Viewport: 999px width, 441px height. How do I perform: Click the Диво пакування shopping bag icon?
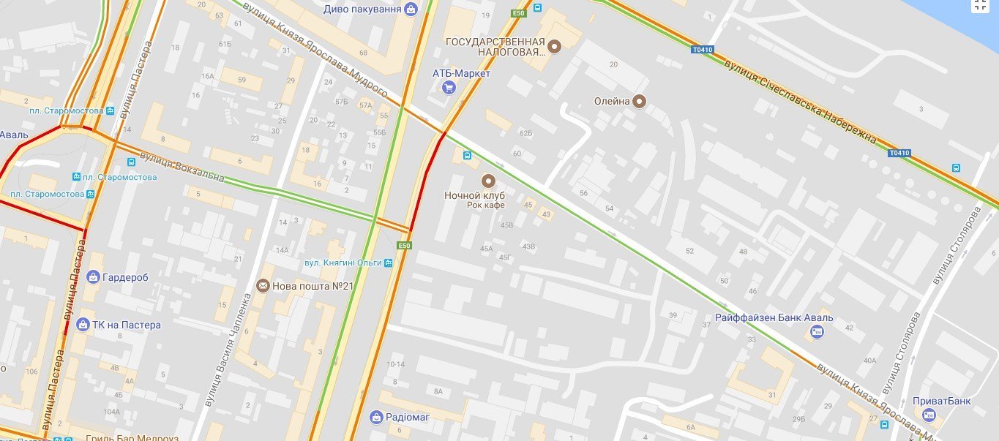(411, 10)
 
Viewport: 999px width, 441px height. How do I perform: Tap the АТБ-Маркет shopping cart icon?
(449, 88)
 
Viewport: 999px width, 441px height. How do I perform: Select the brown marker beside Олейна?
(640, 102)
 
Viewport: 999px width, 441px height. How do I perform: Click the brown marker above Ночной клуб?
(487, 181)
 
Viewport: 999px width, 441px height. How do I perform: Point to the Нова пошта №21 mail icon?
(262, 286)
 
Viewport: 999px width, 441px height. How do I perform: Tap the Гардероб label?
(126, 277)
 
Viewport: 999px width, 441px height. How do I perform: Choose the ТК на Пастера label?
(127, 325)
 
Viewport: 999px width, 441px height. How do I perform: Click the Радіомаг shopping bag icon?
(377, 417)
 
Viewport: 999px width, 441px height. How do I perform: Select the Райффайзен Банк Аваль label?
(774, 318)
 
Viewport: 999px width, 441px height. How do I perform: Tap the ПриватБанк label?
(941, 402)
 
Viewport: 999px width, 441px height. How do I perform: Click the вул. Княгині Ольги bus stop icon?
(389, 263)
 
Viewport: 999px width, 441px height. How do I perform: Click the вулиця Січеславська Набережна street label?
(800, 102)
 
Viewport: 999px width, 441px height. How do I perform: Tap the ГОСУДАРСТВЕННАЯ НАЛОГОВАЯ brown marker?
(555, 47)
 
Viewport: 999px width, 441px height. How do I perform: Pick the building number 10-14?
(396, 364)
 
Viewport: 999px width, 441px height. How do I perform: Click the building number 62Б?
(525, 133)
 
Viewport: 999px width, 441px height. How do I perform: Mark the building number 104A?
(111, 412)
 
